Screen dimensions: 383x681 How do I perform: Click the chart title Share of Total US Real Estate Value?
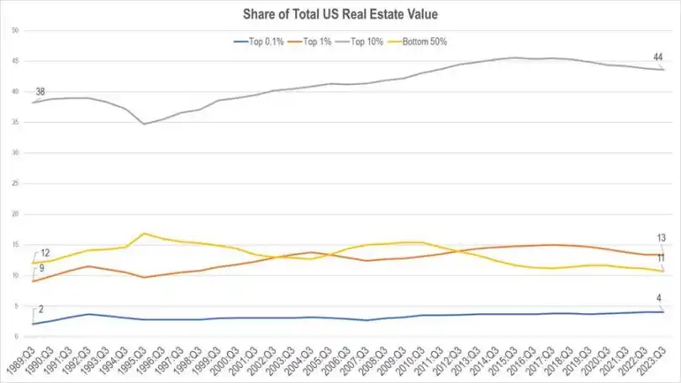click(340, 14)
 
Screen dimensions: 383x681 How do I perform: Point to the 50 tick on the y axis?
click(15, 30)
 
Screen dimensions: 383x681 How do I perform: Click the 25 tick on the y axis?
click(15, 184)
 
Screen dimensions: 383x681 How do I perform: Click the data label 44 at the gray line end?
click(658, 57)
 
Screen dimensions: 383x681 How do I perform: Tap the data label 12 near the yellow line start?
click(45, 253)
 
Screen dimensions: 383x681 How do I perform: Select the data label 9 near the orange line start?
click(41, 269)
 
